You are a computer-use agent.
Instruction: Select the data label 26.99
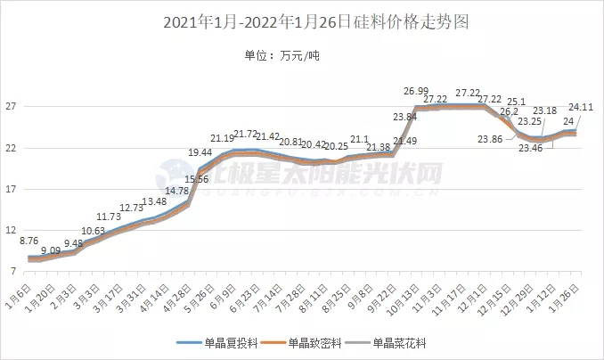pos(416,90)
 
